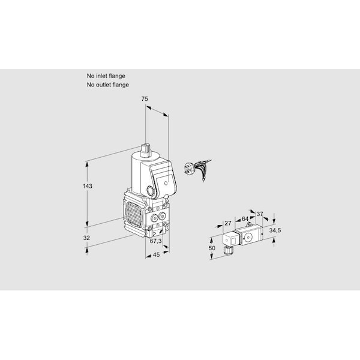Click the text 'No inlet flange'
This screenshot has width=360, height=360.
[x=106, y=76]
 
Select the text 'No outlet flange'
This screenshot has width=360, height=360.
[x=107, y=85]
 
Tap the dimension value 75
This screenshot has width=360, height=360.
[x=145, y=99]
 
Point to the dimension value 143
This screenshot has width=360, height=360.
[x=88, y=186]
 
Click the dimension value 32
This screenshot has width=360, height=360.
[x=86, y=238]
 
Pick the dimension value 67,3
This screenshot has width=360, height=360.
[x=155, y=241]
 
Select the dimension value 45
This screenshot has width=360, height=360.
[x=156, y=255]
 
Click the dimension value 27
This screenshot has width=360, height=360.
[x=228, y=223]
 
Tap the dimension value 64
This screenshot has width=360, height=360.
[x=245, y=219]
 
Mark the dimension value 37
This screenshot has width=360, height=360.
[x=260, y=214]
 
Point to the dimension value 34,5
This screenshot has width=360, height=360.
[x=275, y=230]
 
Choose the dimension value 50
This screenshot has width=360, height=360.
[x=212, y=248]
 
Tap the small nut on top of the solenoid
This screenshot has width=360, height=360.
[x=145, y=150]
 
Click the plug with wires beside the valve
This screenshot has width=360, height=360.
[x=197, y=169]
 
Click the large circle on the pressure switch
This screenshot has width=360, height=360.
[x=248, y=237]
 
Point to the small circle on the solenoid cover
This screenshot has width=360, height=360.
[x=166, y=183]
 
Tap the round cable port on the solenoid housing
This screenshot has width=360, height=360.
[x=151, y=191]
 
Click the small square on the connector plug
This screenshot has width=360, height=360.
[x=233, y=241]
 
